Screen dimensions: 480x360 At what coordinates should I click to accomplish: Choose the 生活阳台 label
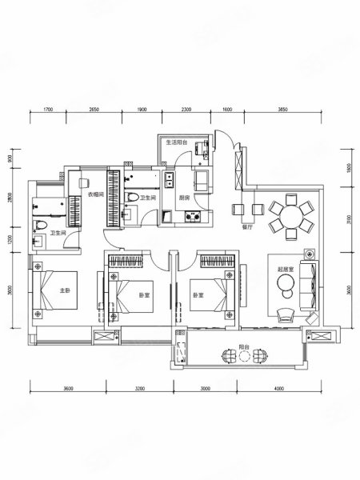click(x=176, y=143)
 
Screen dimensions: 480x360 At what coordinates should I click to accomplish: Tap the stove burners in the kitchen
click(x=192, y=215)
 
